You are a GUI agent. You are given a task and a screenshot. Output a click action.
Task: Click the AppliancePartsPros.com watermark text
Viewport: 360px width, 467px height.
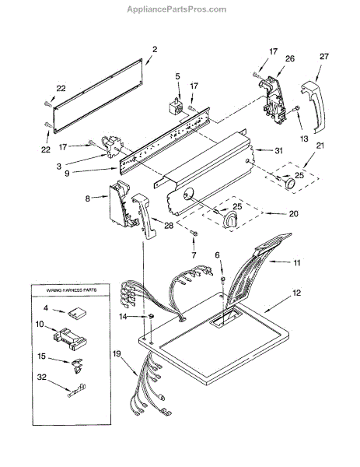177,9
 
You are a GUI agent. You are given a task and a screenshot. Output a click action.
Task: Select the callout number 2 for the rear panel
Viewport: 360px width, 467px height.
155,50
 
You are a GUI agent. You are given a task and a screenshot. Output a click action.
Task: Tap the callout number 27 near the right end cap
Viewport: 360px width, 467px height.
324,56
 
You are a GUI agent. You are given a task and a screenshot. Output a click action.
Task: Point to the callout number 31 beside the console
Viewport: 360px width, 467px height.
278,151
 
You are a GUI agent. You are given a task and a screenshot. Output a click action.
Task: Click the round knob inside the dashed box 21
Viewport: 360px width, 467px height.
290,182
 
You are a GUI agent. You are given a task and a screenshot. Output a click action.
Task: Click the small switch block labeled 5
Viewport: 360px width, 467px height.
176,107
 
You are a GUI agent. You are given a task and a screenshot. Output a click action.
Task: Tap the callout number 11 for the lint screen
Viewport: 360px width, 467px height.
297,263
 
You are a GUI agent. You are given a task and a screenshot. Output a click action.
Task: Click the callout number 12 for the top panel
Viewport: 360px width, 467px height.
296,293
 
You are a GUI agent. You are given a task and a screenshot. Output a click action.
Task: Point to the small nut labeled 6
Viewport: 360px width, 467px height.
222,279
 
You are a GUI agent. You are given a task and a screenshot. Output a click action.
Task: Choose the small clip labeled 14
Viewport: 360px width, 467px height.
151,316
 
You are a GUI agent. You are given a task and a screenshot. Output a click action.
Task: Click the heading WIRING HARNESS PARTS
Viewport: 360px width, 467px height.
72,290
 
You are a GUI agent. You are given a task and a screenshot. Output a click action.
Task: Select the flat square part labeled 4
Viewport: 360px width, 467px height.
77,313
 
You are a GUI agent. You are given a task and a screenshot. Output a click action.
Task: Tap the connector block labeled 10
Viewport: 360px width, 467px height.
70,339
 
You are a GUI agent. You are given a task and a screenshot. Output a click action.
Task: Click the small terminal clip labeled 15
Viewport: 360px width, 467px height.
77,365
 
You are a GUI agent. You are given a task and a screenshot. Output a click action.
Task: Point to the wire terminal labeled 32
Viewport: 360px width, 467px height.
77,391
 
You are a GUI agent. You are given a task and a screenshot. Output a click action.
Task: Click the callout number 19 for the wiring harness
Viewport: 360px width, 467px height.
117,353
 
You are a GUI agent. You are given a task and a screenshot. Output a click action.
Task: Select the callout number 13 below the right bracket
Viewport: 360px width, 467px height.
304,139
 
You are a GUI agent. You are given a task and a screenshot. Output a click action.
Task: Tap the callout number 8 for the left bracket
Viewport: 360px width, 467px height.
87,198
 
